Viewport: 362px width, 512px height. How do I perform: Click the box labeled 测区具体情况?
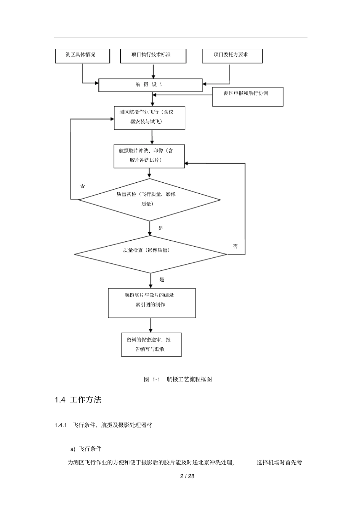(82, 56)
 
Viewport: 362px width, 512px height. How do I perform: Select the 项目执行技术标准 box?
(153, 56)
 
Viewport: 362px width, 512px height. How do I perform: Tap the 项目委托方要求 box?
(232, 56)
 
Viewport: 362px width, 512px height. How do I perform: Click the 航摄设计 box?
(151, 85)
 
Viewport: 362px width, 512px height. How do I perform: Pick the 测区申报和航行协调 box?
(247, 97)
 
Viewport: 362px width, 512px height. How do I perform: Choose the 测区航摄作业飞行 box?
(149, 118)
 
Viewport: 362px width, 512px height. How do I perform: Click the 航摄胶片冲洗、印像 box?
(149, 156)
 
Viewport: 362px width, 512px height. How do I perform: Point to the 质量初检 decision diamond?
(149, 199)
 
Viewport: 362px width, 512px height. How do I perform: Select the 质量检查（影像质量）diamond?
(150, 254)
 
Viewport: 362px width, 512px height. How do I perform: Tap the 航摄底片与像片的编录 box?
(152, 303)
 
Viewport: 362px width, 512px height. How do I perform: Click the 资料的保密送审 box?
(151, 345)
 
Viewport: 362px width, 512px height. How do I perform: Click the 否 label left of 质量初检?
(82, 186)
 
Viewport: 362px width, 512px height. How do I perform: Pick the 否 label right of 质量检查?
(235, 247)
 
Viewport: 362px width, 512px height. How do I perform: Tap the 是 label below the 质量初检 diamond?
(161, 228)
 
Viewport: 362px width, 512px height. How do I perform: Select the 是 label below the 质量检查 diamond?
(162, 280)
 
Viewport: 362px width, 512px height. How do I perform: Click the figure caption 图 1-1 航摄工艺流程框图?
(178, 379)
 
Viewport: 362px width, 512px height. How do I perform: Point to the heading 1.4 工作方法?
(78, 400)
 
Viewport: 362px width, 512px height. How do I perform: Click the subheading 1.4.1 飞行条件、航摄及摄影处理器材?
(103, 425)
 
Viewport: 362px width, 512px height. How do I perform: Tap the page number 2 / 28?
(187, 476)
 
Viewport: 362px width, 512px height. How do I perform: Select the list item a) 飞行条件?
(86, 449)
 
